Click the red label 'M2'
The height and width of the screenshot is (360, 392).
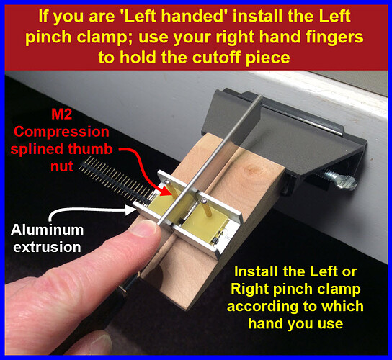tap(61, 114)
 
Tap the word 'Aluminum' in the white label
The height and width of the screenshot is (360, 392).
tap(48, 230)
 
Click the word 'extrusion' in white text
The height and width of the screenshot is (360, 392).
tap(48, 247)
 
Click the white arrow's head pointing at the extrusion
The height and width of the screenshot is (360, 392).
tap(130, 210)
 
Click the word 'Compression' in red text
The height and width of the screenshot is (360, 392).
tap(61, 132)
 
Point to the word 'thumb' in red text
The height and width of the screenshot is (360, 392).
tap(91, 149)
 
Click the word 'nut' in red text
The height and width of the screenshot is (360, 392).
tap(62, 166)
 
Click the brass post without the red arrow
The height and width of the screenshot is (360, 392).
tap(208, 207)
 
